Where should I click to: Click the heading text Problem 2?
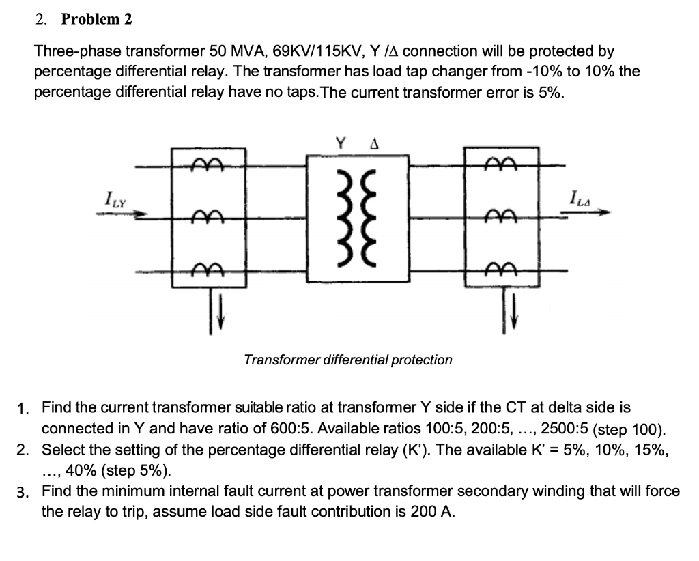(96, 19)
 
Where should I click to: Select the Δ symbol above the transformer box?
(374, 144)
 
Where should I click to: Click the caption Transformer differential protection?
(348, 359)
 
